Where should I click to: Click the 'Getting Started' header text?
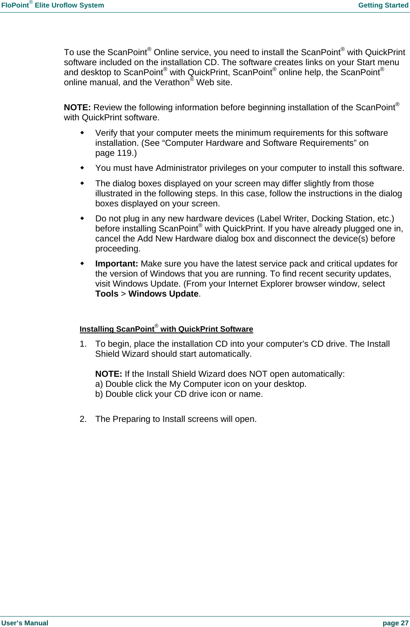pyautogui.click(x=383, y=5)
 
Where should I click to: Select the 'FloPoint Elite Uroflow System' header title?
pyautogui.click(x=53, y=5)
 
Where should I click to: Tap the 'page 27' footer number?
pyautogui.click(x=395, y=623)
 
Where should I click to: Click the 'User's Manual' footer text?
pyautogui.click(x=25, y=623)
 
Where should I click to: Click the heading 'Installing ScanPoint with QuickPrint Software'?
pyautogui.click(x=166, y=329)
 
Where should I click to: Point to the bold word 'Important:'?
pyautogui.click(x=117, y=264)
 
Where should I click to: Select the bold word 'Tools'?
pyautogui.click(x=107, y=294)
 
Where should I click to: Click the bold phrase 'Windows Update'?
pyautogui.click(x=163, y=294)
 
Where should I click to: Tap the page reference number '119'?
pyautogui.click(x=125, y=153)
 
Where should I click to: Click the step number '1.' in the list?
pyautogui.click(x=83, y=344)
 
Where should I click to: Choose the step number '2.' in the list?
pyautogui.click(x=83, y=419)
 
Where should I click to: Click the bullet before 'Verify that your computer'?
pyautogui.click(x=82, y=133)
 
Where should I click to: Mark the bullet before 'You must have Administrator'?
pyautogui.click(x=82, y=168)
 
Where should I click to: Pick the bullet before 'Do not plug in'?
pyautogui.click(x=82, y=218)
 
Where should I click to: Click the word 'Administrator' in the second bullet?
pyautogui.click(x=181, y=168)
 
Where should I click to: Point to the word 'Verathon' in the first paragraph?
pyautogui.click(x=172, y=83)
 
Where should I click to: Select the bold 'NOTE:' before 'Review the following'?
pyautogui.click(x=77, y=108)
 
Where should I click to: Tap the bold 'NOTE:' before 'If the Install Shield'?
pyautogui.click(x=109, y=374)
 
